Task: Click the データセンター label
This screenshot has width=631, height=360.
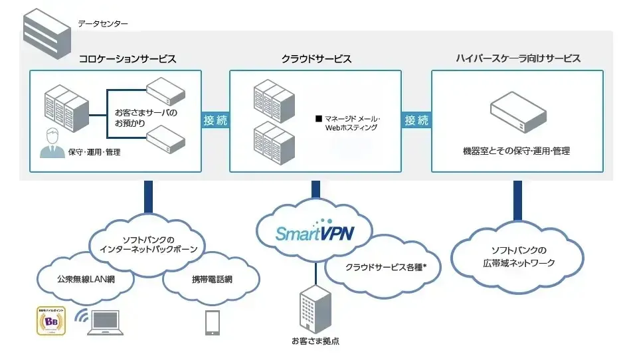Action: [103, 24]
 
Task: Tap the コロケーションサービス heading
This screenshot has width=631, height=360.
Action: [128, 58]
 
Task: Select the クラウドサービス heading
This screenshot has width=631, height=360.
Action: [316, 58]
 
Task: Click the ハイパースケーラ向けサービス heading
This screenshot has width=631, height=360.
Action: [518, 58]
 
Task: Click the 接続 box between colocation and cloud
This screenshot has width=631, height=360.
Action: [215, 120]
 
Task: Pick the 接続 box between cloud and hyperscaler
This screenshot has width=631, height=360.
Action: [417, 120]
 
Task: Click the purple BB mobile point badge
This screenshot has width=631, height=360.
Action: [50, 321]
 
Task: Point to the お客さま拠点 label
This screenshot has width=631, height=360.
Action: [315, 341]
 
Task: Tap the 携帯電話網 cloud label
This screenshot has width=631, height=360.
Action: [211, 279]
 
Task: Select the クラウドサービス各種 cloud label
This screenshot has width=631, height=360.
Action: [385, 266]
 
